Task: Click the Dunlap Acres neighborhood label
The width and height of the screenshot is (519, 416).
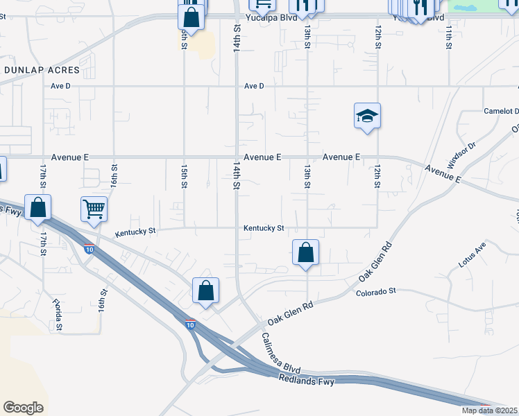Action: coord(42,70)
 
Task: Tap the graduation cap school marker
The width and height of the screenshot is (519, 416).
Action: coord(367,116)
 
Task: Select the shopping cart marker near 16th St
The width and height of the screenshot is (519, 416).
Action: coord(94,208)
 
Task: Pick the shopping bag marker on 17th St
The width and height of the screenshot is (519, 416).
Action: coord(37,207)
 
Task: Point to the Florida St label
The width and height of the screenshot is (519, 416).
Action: coord(57,315)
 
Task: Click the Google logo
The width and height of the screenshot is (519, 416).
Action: coord(23,408)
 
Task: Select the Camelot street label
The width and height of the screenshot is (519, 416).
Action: coord(502,111)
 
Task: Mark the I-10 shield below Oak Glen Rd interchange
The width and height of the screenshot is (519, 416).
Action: coord(190,323)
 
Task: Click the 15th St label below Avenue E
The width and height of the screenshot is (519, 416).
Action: coord(184,176)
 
